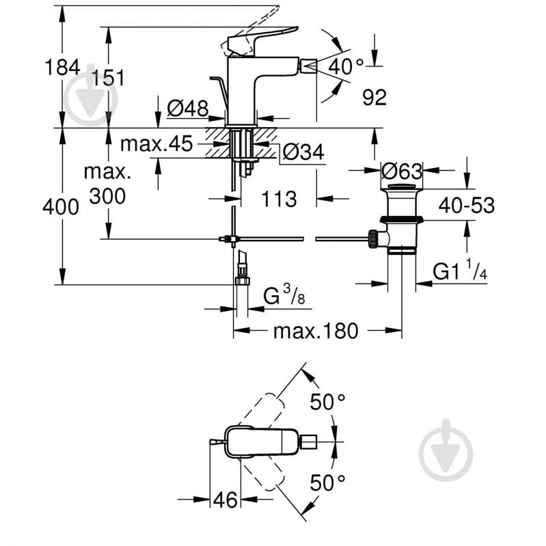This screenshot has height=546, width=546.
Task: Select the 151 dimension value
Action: tap(109, 78)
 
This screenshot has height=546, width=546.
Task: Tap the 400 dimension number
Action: tap(61, 206)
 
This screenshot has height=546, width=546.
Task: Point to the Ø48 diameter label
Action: tap(187, 107)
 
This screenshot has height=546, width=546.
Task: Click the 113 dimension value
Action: tap(278, 199)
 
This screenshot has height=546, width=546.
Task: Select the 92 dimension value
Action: tap(374, 98)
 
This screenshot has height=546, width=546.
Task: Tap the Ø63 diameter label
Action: tap(403, 171)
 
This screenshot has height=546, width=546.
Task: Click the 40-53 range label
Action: tap(467, 204)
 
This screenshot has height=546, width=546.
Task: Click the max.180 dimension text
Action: tap(316, 331)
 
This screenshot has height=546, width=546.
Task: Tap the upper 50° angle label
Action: tap(327, 402)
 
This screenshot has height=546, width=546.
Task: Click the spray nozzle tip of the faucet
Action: tap(308, 66)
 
